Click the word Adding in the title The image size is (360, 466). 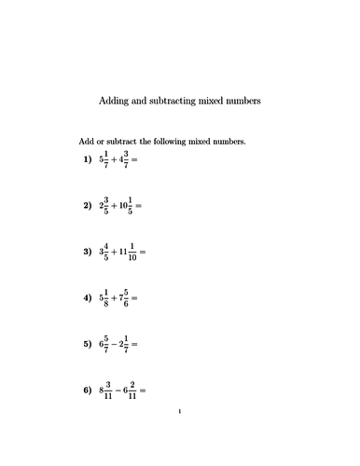(x=115, y=99)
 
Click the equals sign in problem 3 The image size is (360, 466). (x=143, y=252)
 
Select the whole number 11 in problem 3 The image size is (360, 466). (x=124, y=252)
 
